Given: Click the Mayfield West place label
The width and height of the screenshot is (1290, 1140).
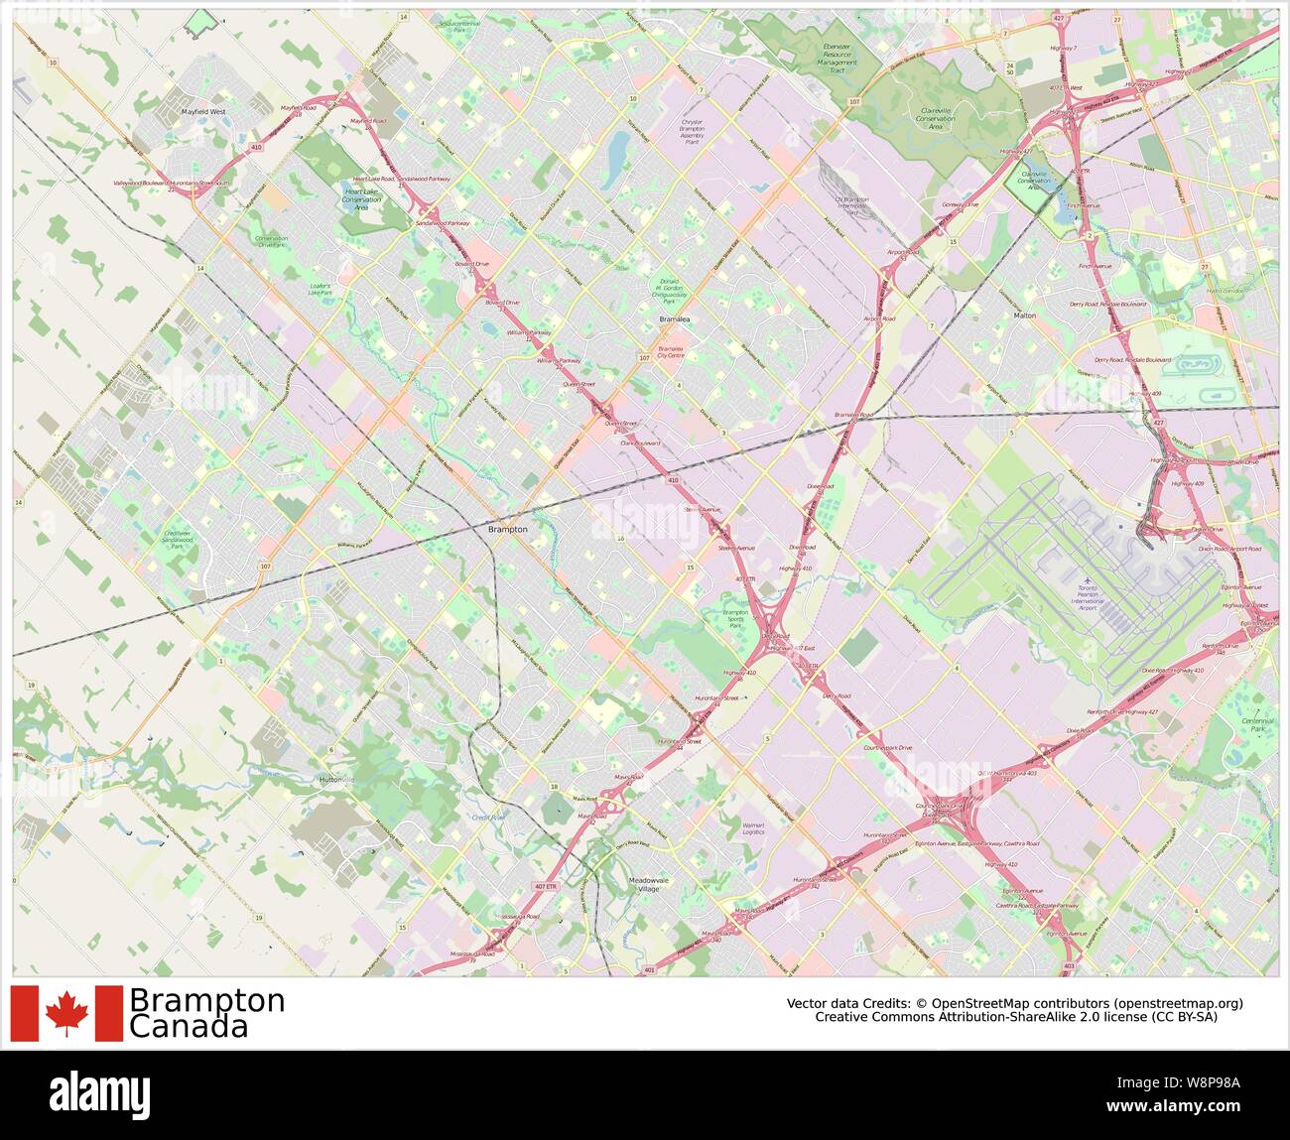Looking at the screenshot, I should [x=203, y=112].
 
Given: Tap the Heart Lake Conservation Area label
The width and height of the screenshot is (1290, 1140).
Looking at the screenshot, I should [x=361, y=197].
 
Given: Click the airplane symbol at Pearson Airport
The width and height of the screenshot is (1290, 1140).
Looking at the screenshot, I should [x=1089, y=579].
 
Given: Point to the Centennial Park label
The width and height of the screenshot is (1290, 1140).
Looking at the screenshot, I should [x=1258, y=725].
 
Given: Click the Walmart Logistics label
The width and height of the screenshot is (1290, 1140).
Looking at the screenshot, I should [x=753, y=828].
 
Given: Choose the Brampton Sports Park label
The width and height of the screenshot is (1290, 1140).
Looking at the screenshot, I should [x=735, y=619].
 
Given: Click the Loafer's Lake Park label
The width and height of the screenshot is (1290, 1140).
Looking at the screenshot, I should [x=320, y=289].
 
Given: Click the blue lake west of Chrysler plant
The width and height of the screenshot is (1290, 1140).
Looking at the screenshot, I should [x=617, y=151].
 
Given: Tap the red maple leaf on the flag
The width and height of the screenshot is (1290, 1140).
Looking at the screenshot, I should [x=66, y=1013].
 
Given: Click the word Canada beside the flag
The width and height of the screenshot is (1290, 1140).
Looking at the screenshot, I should [x=189, y=1027].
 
